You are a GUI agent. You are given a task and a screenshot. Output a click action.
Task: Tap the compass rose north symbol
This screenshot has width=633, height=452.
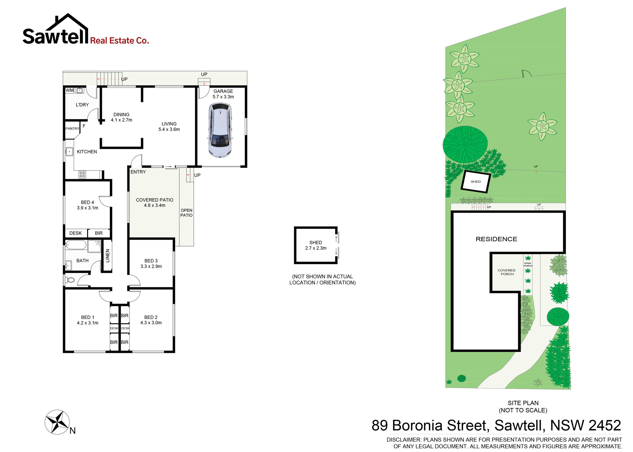pos(57,422)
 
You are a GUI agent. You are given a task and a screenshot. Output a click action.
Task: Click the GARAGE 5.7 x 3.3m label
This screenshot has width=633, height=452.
pos(223,94)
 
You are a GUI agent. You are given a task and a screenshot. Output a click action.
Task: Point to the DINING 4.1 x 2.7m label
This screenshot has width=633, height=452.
pos(122,117)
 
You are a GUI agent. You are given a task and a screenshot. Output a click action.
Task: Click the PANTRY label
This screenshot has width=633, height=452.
pos(72,129)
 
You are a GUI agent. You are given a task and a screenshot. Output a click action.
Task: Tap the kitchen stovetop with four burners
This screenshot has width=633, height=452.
pos(82,174)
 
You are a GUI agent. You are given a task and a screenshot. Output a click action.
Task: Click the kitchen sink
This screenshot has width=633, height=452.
pos(69,152)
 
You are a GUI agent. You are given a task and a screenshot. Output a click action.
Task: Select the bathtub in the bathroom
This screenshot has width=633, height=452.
pos(76,245)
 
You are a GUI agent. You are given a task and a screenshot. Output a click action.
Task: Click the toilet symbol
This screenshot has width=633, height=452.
pos(70,280)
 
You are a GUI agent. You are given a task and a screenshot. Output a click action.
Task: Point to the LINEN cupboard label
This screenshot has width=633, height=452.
pos(108,255)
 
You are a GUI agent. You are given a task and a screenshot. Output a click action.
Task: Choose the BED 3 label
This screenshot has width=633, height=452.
pos(151,261)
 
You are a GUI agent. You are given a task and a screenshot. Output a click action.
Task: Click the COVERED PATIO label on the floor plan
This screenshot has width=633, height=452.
pos(154,200)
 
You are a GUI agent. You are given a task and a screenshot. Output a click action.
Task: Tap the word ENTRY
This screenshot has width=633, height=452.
pos(138,172)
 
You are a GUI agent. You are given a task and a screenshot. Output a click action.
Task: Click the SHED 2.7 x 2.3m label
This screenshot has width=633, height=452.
pos(316,245)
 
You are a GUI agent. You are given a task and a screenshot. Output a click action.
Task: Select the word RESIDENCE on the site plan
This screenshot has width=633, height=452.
pos(496,239)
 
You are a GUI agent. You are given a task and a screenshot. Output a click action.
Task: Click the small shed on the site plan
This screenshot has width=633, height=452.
pos(476,181)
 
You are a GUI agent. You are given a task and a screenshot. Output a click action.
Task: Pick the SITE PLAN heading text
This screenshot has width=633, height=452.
pos(523,403)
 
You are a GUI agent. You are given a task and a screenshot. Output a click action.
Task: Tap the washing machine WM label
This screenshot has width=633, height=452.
pos(70,90)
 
